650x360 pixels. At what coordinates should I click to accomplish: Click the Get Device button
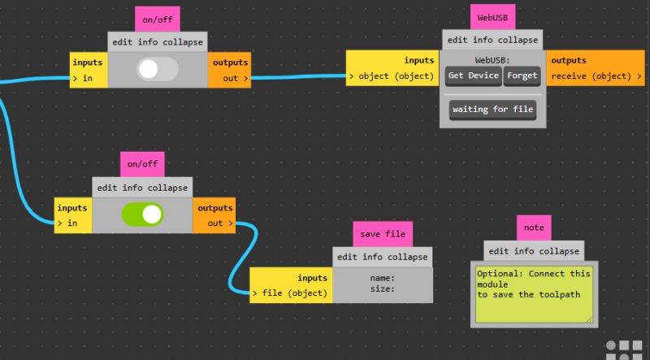tap(473, 76)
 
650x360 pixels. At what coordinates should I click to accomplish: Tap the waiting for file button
tap(493, 109)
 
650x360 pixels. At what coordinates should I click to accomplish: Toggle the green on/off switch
tap(142, 215)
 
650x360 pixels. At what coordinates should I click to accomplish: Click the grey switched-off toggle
tap(158, 70)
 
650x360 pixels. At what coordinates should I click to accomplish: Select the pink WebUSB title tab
tap(493, 16)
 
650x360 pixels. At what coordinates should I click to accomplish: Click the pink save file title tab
tap(383, 234)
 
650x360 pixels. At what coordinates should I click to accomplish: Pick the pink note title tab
tap(534, 228)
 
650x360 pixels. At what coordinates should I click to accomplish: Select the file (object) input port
tap(291, 293)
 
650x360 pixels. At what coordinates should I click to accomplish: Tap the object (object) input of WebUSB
tap(392, 76)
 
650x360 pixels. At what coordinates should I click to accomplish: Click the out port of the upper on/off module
tap(231, 78)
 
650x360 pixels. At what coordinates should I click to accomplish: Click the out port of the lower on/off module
tap(215, 223)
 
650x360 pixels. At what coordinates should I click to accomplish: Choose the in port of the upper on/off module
tap(88, 78)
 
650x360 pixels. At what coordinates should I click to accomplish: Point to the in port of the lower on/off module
tap(72, 223)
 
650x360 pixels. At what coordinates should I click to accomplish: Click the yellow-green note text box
tap(534, 293)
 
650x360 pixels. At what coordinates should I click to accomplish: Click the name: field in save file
tap(382, 277)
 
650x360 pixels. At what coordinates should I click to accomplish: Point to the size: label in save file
tap(382, 288)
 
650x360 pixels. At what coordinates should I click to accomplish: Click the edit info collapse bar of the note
tap(534, 251)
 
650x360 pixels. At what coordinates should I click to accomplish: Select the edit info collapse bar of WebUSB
tap(493, 40)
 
